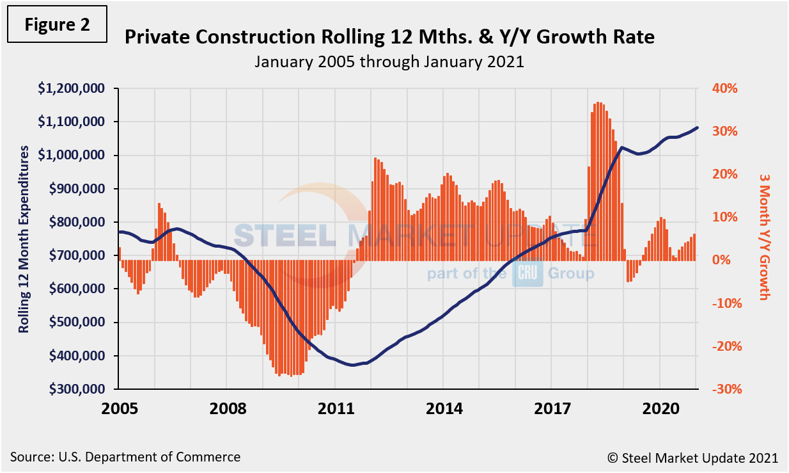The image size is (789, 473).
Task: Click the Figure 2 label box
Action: click(57, 24)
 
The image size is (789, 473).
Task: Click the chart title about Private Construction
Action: click(389, 37)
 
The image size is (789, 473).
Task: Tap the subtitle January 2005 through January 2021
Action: click(389, 62)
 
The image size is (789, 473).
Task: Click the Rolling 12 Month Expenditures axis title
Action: click(24, 239)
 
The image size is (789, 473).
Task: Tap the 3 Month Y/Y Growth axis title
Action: click(764, 236)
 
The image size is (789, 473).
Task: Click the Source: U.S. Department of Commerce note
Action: click(125, 457)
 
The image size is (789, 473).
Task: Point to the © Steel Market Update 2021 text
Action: click(692, 458)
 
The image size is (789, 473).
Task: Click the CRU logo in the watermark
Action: click(527, 274)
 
